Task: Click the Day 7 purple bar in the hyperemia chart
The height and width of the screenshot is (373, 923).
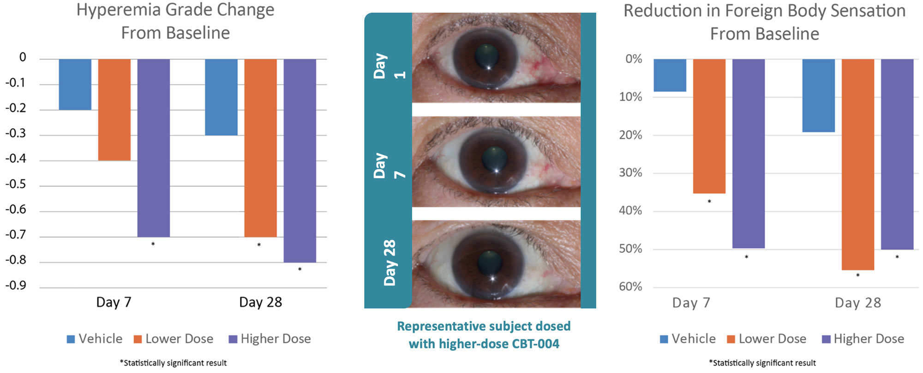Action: click(153, 148)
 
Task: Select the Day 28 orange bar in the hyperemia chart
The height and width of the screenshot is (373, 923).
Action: click(260, 148)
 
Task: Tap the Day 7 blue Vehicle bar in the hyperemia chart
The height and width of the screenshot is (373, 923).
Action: click(75, 84)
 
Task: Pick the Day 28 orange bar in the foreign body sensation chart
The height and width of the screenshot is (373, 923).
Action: click(857, 164)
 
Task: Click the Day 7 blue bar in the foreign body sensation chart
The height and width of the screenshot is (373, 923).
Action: click(670, 75)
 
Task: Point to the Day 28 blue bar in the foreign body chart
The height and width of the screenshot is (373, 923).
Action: click(818, 95)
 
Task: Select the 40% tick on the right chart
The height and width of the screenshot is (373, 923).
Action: click(630, 211)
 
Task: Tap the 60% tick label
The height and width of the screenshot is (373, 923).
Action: click(630, 287)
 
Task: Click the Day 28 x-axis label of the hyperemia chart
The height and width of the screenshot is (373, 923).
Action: click(260, 302)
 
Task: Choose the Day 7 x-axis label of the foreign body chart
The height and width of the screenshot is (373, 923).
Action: click(691, 303)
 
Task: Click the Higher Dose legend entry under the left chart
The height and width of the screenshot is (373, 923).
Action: click(275, 339)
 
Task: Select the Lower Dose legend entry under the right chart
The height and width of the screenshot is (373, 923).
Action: click(772, 339)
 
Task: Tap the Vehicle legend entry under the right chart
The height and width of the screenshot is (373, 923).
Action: click(693, 339)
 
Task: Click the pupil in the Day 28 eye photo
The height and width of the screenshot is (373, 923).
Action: click(489, 263)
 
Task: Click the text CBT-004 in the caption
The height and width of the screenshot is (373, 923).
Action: click(535, 344)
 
